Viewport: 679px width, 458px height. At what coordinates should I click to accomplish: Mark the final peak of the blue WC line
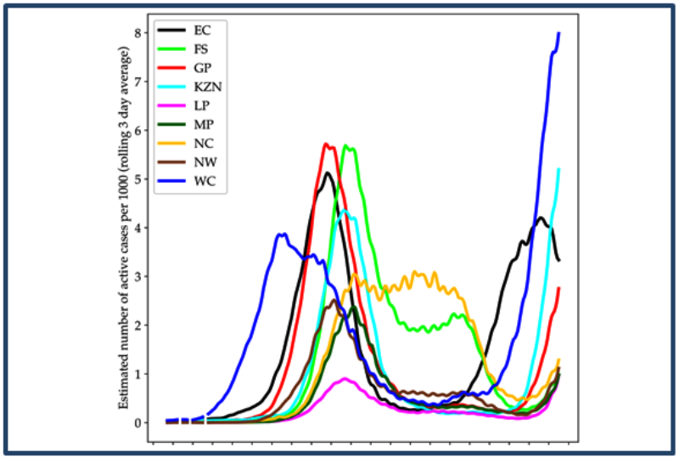[558, 33]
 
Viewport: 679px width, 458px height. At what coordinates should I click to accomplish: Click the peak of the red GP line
[326, 144]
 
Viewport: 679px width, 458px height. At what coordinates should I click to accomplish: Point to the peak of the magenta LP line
[345, 379]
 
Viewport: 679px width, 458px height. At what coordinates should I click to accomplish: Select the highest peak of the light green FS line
[346, 147]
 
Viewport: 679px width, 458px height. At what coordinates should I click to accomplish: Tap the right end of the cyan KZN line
[558, 169]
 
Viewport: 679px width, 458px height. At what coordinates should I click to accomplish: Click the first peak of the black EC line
[328, 173]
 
